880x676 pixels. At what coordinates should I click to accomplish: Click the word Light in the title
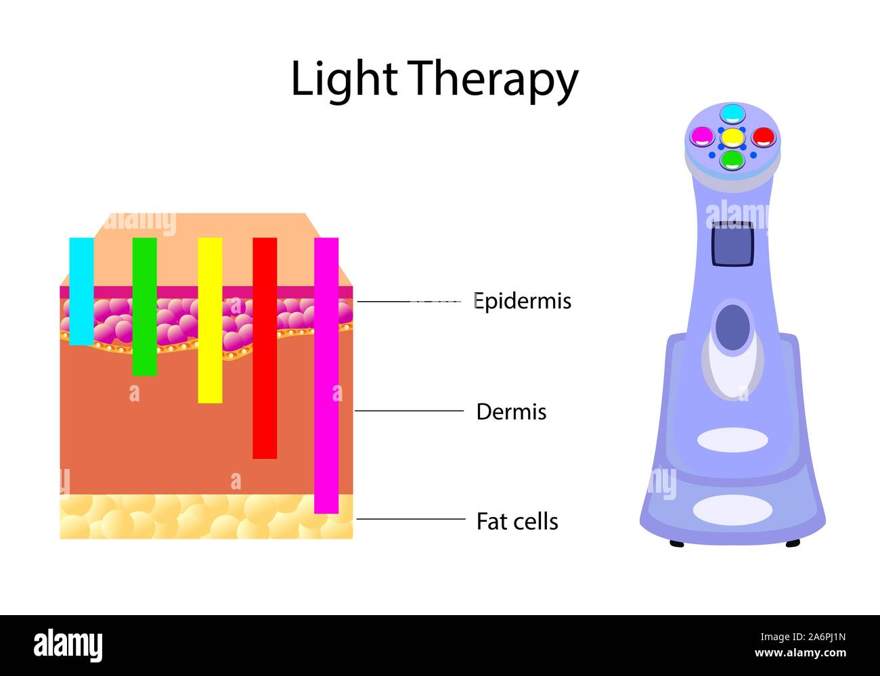343,79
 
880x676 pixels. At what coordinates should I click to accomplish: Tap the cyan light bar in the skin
81,291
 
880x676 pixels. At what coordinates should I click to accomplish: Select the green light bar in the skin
144,306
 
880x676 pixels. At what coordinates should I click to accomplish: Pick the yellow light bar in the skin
210,320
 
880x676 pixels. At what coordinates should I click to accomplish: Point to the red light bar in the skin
265,348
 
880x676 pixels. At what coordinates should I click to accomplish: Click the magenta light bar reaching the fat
326,375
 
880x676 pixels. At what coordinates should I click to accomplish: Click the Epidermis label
522,300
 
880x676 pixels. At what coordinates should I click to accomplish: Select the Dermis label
511,411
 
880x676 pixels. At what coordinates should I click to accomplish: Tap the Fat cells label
517,521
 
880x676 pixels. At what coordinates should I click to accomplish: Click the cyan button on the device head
732,113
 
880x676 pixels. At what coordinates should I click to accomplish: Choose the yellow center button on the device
732,137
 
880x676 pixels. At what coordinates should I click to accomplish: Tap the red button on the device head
762,136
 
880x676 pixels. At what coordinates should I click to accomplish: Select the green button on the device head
732,160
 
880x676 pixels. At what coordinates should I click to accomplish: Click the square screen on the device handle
732,244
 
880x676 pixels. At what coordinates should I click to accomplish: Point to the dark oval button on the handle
732,328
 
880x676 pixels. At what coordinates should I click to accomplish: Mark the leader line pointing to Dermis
409,411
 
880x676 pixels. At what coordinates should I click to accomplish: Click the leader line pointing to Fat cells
410,519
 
